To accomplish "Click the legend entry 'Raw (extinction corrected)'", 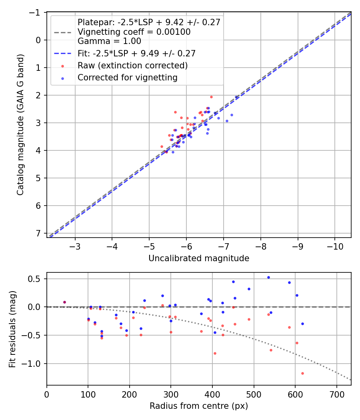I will pyautogui.click(x=132, y=65).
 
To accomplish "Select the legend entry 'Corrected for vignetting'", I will pyautogui.click(x=127, y=78).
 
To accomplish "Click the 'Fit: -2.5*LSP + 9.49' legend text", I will pyautogui.click(x=136, y=53).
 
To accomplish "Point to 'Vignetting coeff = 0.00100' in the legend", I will pyautogui.click(x=134, y=32).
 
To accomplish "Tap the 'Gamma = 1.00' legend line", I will pyautogui.click(x=109, y=41).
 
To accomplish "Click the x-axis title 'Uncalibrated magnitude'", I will pyautogui.click(x=199, y=258).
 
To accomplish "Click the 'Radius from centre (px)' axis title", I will pyautogui.click(x=199, y=406).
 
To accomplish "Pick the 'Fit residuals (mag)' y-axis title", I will pyautogui.click(x=12, y=329).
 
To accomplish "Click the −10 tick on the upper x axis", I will pyautogui.click(x=335, y=246).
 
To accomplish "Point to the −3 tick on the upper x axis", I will pyautogui.click(x=75, y=246).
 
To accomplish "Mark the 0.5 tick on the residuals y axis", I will pyautogui.click(x=36, y=278).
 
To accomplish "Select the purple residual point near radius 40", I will pyautogui.click(x=64, y=302).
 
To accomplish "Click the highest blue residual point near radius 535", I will pyautogui.click(x=268, y=277).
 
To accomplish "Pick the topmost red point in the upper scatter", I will pyautogui.click(x=211, y=97).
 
